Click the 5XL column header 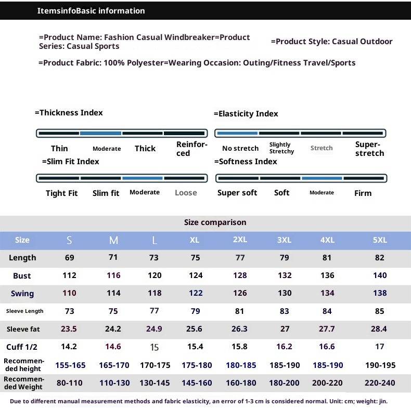(380, 240)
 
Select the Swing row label (22, 294)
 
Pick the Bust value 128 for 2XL (240, 275)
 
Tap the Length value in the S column (69, 258)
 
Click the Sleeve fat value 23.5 (69, 329)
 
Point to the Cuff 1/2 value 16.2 (284, 347)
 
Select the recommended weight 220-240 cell (380, 383)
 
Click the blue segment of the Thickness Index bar (100, 134)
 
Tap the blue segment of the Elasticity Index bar (237, 134)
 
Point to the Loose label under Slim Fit (186, 193)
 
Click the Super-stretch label (369, 149)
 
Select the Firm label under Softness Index (363, 193)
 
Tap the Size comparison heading (215, 222)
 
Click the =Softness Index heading (246, 162)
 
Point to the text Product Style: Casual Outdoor (332, 42)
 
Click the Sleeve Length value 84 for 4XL (327, 311)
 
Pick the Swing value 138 (380, 293)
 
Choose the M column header (113, 241)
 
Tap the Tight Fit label (61, 193)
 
